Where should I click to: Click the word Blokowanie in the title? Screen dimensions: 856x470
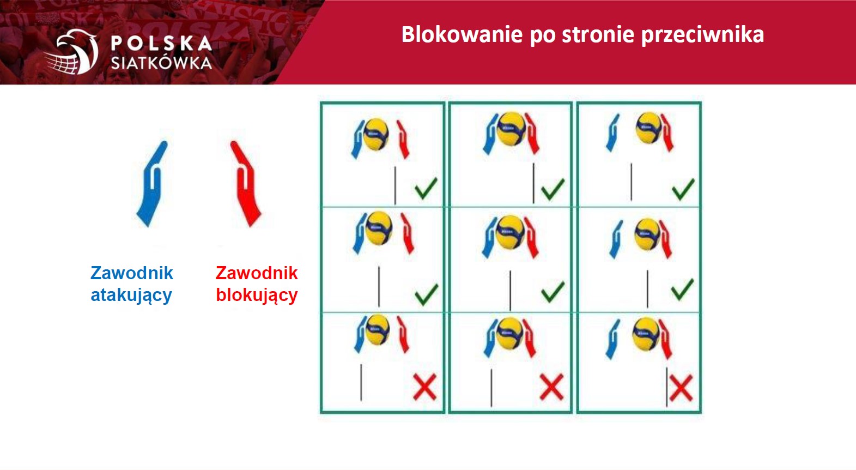(x=462, y=34)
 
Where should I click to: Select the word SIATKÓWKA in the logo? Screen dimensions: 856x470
(x=161, y=63)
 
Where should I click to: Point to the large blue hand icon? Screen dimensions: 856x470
(x=151, y=184)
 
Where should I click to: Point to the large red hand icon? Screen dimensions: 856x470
(x=246, y=184)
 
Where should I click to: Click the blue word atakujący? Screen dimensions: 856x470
(x=131, y=296)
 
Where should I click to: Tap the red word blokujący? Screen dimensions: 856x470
(x=257, y=296)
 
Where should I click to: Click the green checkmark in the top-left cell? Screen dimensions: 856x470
(x=426, y=189)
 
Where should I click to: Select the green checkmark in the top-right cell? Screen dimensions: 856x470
(x=683, y=189)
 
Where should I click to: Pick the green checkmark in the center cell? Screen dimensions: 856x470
(x=553, y=292)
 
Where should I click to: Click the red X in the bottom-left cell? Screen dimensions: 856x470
(x=425, y=388)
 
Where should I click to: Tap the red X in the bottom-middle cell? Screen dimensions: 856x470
(x=551, y=388)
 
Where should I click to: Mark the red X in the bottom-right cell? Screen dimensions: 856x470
(x=681, y=388)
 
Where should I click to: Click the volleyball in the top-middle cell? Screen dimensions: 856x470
(x=511, y=129)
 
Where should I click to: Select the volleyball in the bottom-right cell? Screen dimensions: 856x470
(x=646, y=334)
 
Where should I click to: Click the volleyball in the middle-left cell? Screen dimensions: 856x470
(x=379, y=228)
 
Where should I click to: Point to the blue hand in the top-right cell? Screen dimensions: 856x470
(x=612, y=132)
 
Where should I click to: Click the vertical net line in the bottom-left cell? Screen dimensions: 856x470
(x=361, y=383)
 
